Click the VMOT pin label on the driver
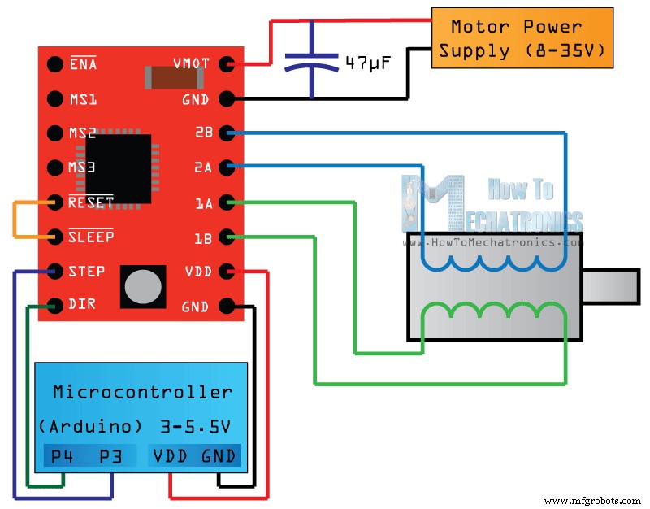click(191, 64)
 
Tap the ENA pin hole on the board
click(54, 64)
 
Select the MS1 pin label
click(83, 99)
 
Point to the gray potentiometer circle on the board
click(143, 286)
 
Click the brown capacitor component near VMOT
click(172, 77)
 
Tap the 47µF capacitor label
click(368, 63)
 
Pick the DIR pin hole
click(54, 306)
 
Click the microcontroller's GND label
click(219, 456)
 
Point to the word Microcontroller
click(142, 392)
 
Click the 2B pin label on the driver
click(203, 133)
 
